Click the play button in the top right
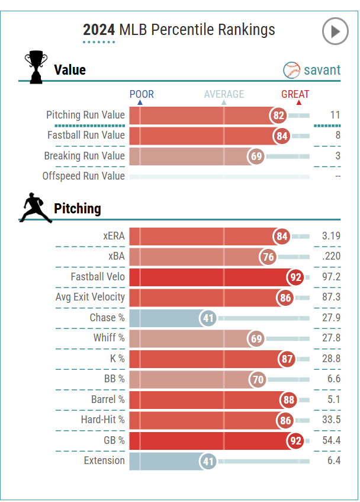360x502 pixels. (335, 31)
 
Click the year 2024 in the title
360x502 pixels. (99, 30)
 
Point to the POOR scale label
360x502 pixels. (142, 94)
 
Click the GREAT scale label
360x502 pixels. (295, 94)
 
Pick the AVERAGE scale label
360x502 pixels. (224, 94)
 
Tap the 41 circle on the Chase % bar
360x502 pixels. (208, 318)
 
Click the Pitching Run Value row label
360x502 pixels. (85, 115)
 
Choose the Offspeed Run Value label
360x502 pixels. (83, 176)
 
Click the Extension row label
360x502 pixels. (104, 461)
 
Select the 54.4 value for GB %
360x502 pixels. (330, 441)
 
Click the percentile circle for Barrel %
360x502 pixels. (288, 400)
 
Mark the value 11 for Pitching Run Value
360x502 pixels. (335, 115)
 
